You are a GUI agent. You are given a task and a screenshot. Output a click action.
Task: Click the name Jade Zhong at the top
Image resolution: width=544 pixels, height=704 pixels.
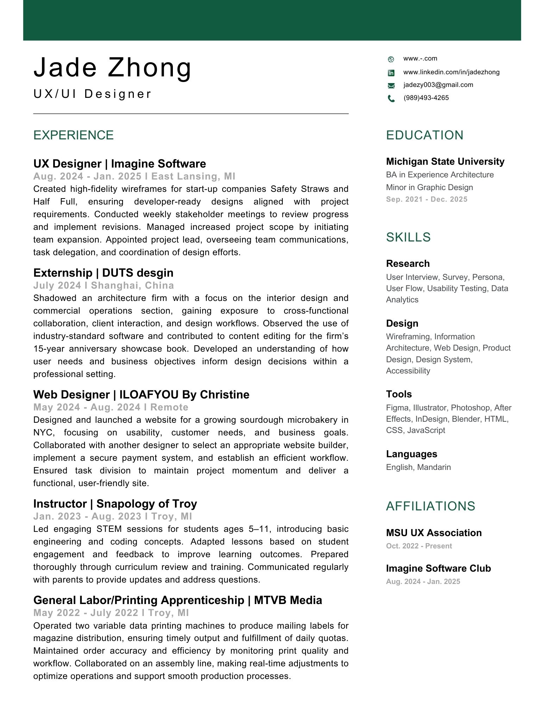(112, 68)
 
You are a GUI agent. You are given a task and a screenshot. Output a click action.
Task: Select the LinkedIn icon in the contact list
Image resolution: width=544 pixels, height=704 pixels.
(391, 73)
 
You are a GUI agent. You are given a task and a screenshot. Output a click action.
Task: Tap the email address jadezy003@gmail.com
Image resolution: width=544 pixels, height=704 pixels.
(438, 85)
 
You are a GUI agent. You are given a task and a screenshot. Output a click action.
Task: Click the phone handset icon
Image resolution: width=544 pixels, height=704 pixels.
(391, 99)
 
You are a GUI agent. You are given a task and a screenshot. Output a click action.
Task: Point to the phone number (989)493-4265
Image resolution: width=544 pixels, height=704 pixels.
(426, 98)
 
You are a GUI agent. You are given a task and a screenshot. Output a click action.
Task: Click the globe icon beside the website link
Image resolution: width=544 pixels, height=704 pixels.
(391, 59)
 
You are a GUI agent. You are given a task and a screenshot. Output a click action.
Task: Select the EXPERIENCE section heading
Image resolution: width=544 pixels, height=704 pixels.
(73, 135)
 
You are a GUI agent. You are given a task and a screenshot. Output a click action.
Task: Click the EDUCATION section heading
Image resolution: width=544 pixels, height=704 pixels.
(425, 135)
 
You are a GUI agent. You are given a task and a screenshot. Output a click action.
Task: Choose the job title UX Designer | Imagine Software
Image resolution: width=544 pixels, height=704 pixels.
(119, 164)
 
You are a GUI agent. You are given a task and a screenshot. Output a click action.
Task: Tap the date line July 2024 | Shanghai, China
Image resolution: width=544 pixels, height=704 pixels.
(104, 285)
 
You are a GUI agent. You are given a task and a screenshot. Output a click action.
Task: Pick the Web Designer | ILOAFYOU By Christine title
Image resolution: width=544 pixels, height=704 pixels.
(141, 395)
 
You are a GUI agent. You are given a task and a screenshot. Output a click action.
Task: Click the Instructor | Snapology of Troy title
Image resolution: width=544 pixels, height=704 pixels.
(115, 504)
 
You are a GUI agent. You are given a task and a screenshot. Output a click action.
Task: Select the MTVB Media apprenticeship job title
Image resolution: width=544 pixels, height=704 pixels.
(177, 600)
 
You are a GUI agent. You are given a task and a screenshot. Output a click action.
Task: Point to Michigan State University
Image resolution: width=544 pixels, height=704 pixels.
(445, 162)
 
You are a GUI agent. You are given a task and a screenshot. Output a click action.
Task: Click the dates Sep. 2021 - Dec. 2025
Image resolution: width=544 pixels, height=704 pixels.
(426, 199)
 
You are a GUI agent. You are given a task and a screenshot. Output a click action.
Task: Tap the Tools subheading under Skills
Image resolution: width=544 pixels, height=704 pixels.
(399, 394)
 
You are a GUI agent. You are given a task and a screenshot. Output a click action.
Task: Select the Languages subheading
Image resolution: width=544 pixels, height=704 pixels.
(411, 454)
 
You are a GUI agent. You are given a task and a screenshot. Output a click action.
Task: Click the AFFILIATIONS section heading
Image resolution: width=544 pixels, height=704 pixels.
(430, 506)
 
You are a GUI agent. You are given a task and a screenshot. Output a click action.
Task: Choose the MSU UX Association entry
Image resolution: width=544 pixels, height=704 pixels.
(433, 533)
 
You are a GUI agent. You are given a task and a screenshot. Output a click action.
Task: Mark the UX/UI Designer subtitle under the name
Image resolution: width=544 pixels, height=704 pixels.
(92, 94)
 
